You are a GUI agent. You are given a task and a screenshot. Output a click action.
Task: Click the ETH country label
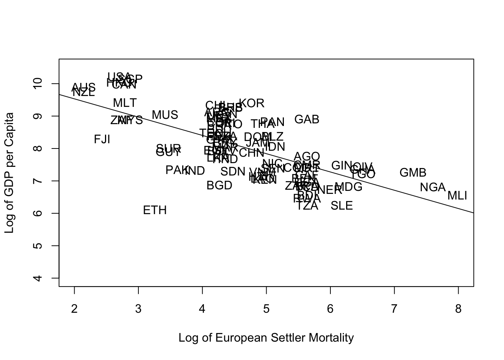[155, 210]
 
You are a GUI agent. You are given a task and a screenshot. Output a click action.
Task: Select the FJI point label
[102, 139]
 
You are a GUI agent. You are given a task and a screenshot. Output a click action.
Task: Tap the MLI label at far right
[457, 196]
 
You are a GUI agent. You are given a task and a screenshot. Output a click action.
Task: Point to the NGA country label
[433, 187]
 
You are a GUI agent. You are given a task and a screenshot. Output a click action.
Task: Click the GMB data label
[413, 173]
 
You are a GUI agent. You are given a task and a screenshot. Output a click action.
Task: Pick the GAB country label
[307, 120]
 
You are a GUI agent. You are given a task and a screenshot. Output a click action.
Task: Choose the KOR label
[252, 103]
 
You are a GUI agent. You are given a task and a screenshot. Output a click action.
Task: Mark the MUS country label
[165, 115]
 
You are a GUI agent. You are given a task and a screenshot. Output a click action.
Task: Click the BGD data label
[219, 186]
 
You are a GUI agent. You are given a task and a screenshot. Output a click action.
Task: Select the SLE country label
[342, 206]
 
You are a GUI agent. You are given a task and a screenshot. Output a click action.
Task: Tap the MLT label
[125, 103]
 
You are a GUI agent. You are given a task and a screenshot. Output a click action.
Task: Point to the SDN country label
[233, 172]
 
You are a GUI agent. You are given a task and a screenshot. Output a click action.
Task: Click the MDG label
[348, 187]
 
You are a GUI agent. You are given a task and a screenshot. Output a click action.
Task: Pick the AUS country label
[84, 87]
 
